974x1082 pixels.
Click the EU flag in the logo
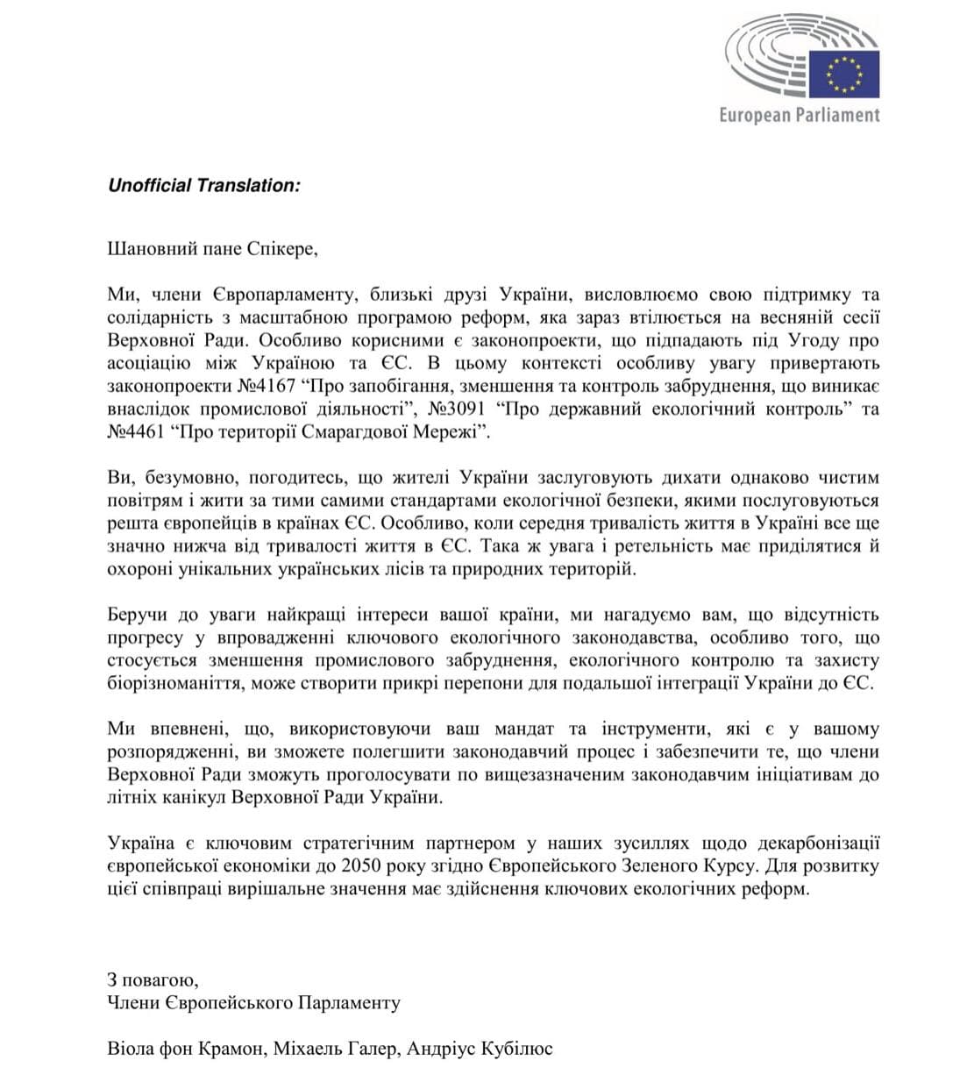click(843, 74)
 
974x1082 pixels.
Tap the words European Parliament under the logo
click(799, 115)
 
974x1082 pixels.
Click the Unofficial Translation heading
click(203, 185)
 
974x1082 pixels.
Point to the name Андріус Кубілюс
click(480, 1048)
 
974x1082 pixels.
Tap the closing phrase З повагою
click(153, 979)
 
